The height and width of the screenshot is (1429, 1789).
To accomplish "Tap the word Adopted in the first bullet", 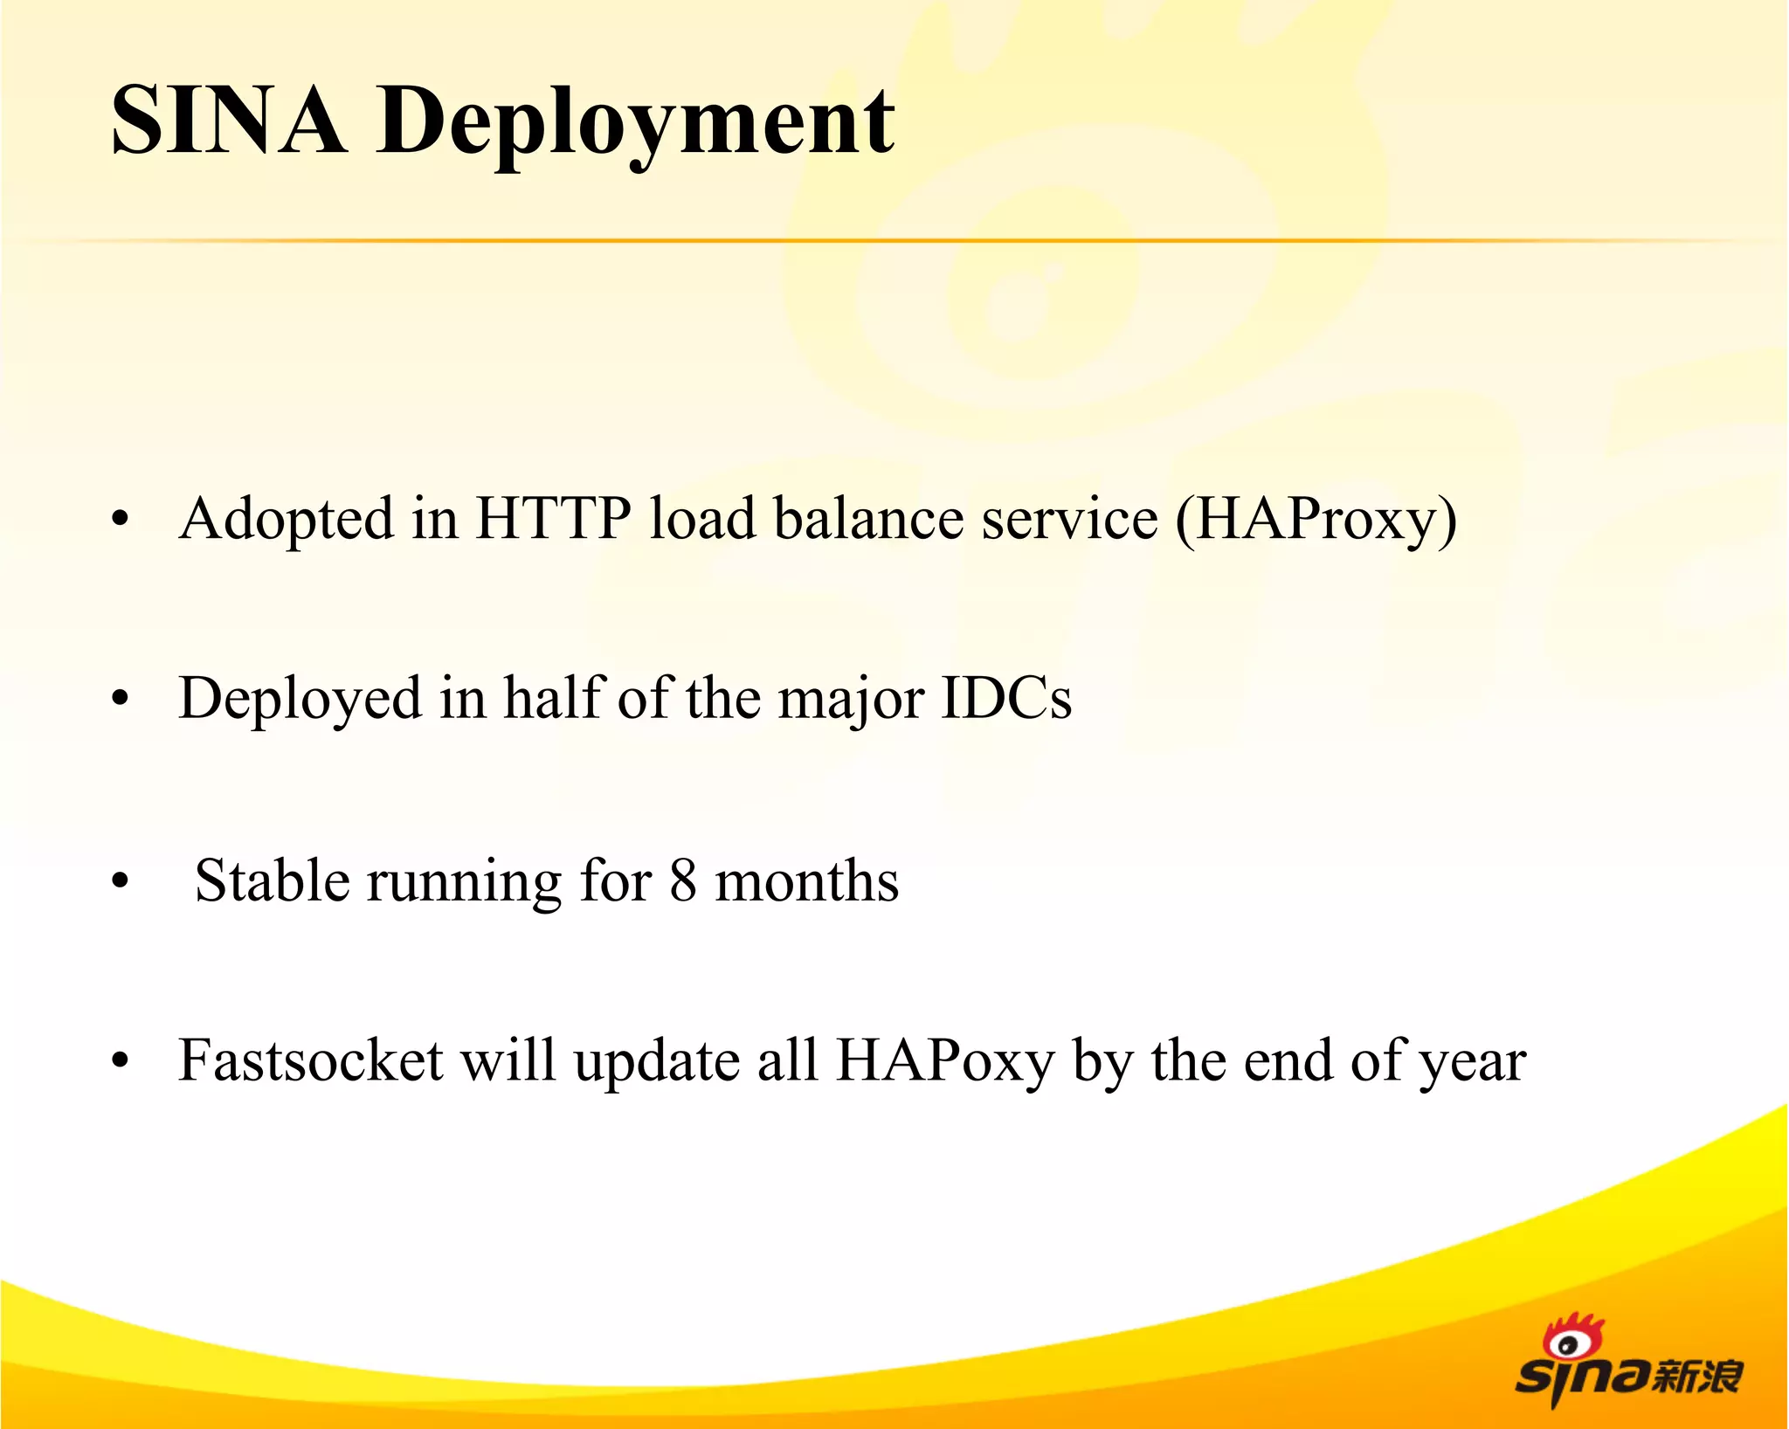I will pos(287,520).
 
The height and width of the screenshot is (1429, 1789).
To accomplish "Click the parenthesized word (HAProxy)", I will pos(1316,520).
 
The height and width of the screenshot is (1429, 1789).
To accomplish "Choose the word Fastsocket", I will pos(311,1060).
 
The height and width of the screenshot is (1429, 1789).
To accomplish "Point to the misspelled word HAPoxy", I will pos(945,1062).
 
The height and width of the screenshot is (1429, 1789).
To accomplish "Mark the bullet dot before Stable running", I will pos(121,881).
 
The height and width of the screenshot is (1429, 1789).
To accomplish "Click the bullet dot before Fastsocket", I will pos(121,1061).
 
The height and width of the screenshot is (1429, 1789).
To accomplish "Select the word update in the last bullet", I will pos(657,1062).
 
